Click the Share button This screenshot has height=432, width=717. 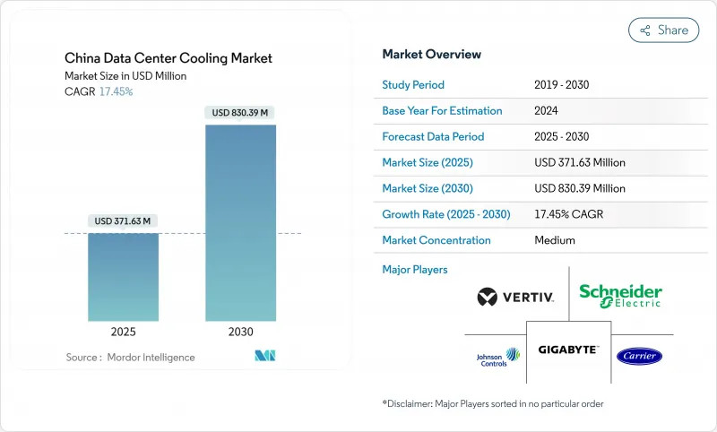pyautogui.click(x=664, y=30)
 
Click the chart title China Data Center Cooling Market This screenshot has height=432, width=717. pyautogui.click(x=168, y=58)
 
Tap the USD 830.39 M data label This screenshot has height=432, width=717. pyautogui.click(x=240, y=113)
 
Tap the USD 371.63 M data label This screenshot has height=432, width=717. pyautogui.click(x=123, y=220)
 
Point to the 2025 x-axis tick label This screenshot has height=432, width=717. pyautogui.click(x=123, y=332)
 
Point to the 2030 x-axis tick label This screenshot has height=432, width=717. pyautogui.click(x=240, y=332)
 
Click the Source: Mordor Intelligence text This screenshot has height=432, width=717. pyautogui.click(x=130, y=358)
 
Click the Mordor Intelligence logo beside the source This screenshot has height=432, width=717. pyautogui.click(x=265, y=357)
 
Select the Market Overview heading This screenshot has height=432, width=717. pyautogui.click(x=431, y=55)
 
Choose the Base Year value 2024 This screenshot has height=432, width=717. pyautogui.click(x=546, y=111)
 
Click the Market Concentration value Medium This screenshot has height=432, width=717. pyautogui.click(x=554, y=240)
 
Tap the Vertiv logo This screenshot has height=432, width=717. pyautogui.click(x=515, y=297)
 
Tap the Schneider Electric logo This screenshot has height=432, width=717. pyautogui.click(x=620, y=295)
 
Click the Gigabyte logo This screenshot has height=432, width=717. pyautogui.click(x=568, y=350)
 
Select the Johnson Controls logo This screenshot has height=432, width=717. pyautogui.click(x=499, y=357)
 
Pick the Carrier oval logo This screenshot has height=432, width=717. pyautogui.click(x=639, y=357)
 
